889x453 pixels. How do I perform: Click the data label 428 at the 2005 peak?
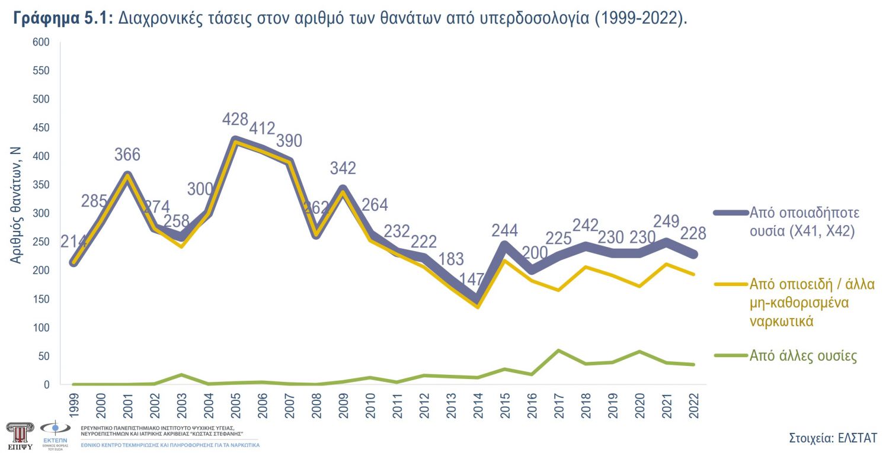pos(235,119)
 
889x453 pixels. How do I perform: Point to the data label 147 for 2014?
pos(477,280)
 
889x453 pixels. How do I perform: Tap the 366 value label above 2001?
pos(127,155)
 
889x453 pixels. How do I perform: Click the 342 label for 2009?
pos(343,168)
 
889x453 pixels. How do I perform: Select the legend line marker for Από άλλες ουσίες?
pos(730,355)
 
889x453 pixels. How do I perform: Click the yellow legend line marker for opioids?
pos(730,284)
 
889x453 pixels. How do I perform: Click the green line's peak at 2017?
pos(558,351)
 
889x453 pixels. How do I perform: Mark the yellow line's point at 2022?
pos(693,274)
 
